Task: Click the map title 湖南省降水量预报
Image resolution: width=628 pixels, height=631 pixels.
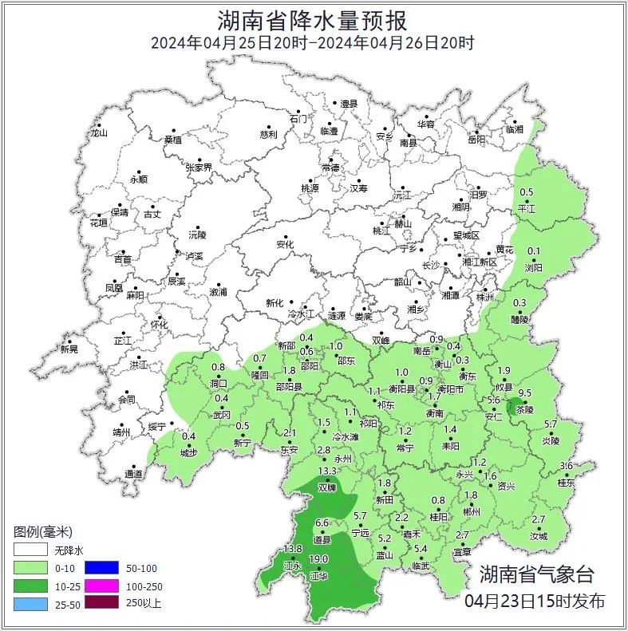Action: [x=313, y=21]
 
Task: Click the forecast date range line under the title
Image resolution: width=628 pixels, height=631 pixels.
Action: [x=313, y=43]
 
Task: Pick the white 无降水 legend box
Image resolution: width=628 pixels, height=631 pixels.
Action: [x=30, y=550]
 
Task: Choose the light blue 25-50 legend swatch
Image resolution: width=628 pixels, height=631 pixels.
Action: [x=30, y=602]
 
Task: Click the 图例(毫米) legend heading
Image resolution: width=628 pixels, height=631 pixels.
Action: [x=43, y=531]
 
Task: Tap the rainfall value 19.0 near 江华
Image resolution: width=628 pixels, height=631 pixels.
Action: [x=319, y=559]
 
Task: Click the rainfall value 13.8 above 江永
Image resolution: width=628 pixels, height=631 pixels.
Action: [x=293, y=549]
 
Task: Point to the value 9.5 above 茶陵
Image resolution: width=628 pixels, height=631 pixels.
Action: [x=525, y=393]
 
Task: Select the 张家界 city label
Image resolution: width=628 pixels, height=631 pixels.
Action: [x=199, y=168]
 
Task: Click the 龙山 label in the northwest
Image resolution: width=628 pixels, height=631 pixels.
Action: [x=98, y=133]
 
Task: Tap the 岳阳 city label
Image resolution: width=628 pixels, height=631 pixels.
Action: [x=476, y=140]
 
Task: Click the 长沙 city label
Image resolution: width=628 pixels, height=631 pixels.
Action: [x=430, y=265]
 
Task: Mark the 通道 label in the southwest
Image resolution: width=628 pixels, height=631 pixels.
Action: [x=133, y=475]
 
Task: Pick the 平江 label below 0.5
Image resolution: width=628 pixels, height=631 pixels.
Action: [x=527, y=207]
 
